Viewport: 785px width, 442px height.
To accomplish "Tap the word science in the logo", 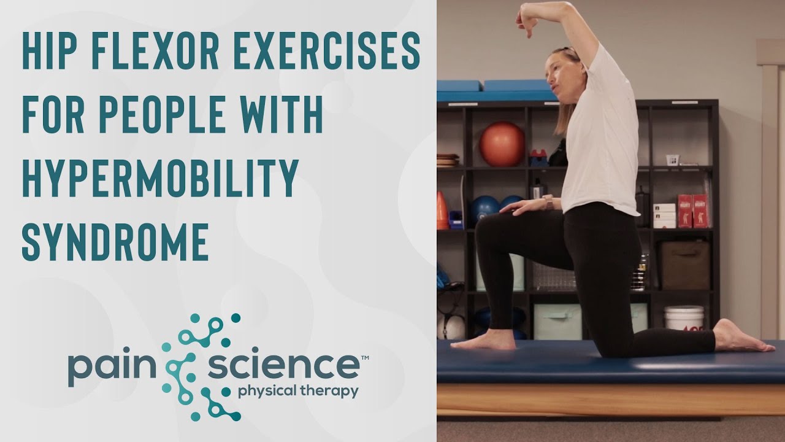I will (283, 366).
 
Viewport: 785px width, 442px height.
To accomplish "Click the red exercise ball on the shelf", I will (502, 144).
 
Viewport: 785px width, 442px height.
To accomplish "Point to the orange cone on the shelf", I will (442, 210).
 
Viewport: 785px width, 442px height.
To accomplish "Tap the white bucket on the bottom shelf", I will (684, 317).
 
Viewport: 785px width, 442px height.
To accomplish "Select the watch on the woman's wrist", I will (548, 202).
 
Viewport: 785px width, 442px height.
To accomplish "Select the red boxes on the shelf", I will (692, 211).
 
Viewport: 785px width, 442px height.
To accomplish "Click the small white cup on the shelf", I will (673, 160).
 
